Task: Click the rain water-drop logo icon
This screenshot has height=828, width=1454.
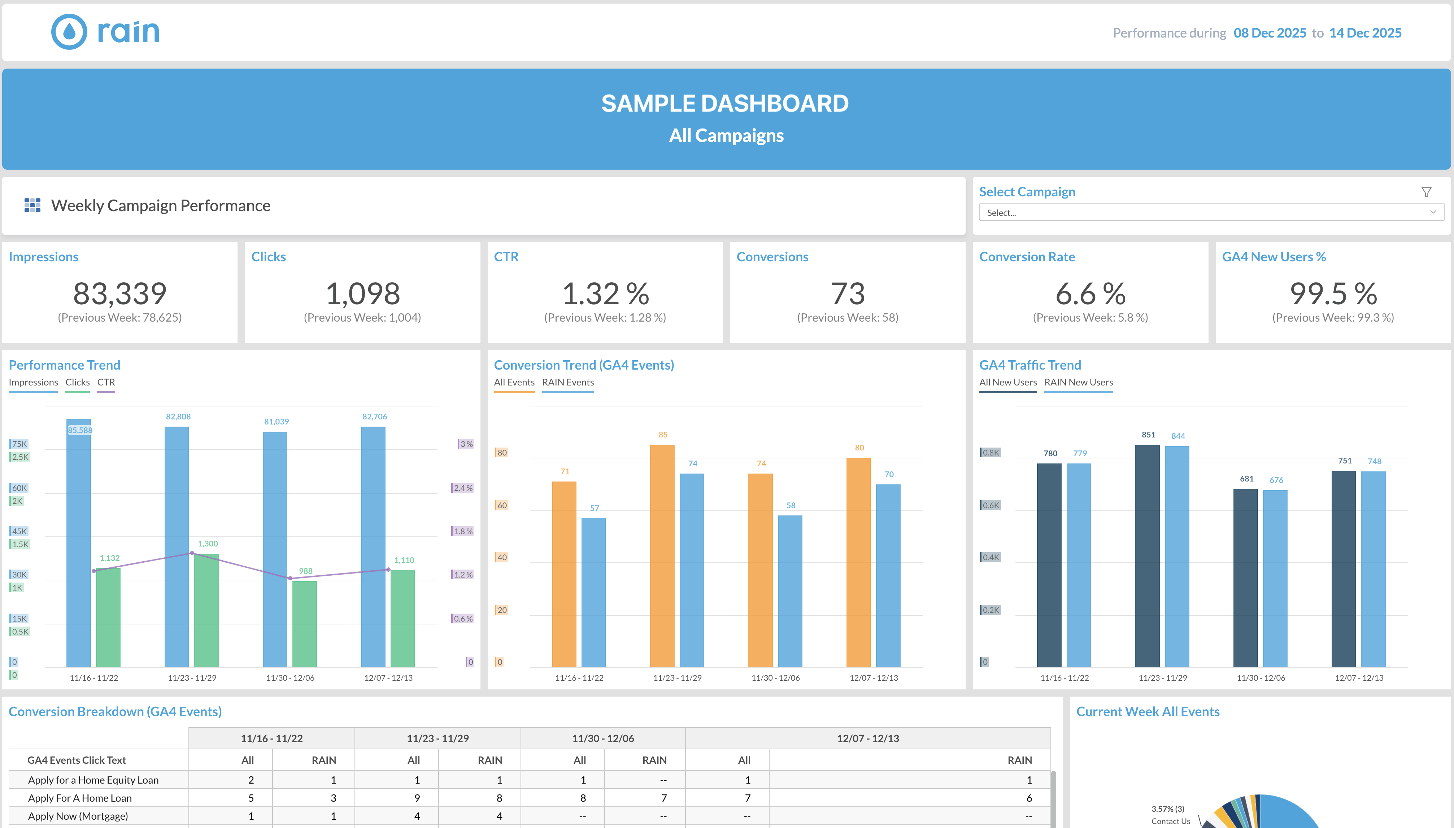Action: [x=69, y=32]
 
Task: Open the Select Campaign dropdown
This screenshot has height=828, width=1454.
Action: [x=1211, y=212]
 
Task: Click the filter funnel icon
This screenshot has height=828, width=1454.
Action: [x=1426, y=192]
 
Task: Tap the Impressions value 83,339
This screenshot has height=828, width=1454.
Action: [x=120, y=293]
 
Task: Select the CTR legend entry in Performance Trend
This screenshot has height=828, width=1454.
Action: [x=106, y=383]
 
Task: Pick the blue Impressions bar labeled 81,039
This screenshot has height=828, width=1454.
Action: [x=275, y=549]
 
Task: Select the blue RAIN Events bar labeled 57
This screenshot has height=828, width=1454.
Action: [x=594, y=592]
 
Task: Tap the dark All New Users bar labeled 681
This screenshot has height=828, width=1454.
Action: [x=1245, y=577]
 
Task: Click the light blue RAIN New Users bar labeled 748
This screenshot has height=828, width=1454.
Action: [x=1373, y=569]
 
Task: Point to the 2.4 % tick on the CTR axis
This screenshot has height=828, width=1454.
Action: [x=463, y=488]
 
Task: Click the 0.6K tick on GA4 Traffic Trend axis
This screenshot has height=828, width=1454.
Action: [x=991, y=505]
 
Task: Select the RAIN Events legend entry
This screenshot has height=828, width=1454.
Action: [x=567, y=383]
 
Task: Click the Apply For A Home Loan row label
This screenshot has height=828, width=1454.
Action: [x=80, y=798]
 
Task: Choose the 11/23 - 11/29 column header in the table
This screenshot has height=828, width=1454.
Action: [x=437, y=738]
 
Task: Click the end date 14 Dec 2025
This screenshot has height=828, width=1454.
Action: [x=1365, y=33]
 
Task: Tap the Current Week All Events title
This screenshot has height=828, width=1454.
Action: [x=1148, y=711]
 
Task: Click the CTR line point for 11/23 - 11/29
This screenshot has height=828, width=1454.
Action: [x=192, y=553]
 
